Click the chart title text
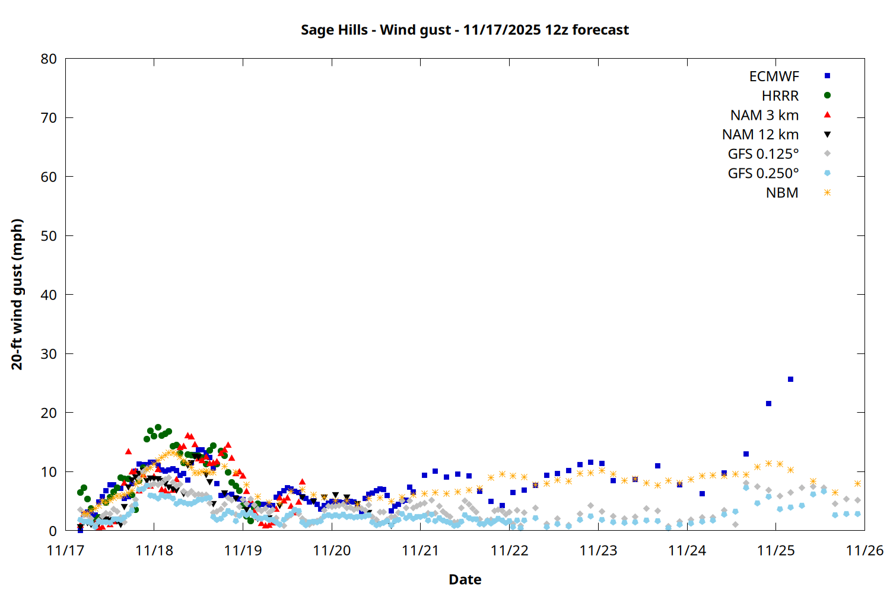[x=465, y=30]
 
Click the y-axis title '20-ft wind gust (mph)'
[x=17, y=294]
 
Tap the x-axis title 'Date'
[x=465, y=579]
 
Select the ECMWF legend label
[x=774, y=76]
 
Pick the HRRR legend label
[x=780, y=96]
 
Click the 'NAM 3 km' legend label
[x=764, y=115]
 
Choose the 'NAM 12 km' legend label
[x=760, y=135]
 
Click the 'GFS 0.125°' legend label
[x=763, y=154]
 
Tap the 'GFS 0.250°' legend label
[x=763, y=173]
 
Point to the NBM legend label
[x=782, y=193]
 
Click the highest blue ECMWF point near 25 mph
[x=790, y=380]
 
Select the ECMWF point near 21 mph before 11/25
[x=768, y=404]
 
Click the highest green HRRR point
[x=158, y=428]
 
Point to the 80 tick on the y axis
[x=49, y=59]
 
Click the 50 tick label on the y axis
[x=49, y=235]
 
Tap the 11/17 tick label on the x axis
[x=65, y=550]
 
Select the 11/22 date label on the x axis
[x=509, y=550]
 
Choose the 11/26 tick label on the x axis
[x=864, y=550]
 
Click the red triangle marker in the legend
[x=827, y=115]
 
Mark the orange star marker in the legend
[x=827, y=193]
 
